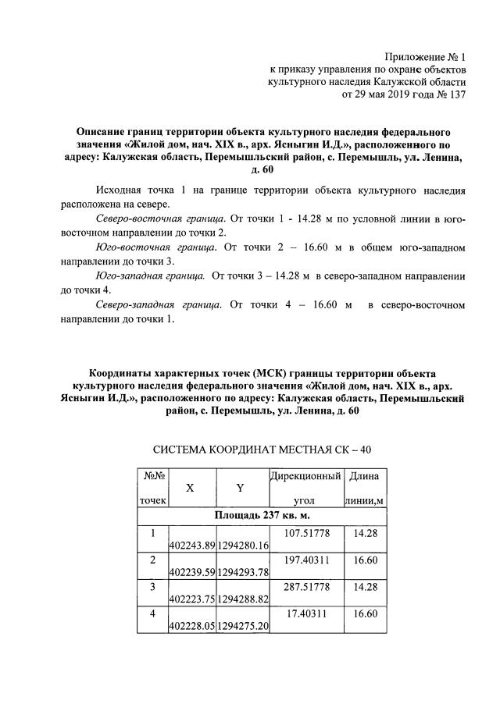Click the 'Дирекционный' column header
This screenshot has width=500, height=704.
coord(305,475)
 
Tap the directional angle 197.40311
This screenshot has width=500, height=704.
coord(305,560)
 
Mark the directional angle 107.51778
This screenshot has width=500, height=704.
coord(305,532)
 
